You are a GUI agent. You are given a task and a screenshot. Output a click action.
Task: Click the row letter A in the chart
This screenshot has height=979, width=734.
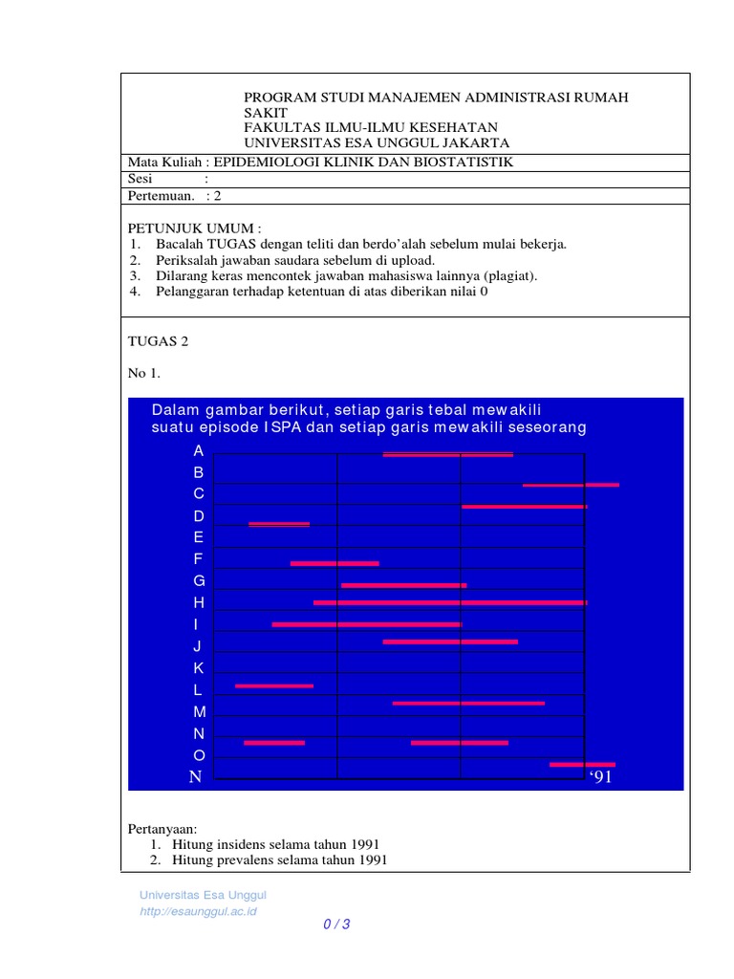(199, 450)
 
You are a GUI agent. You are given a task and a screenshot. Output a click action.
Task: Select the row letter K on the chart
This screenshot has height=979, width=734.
(199, 667)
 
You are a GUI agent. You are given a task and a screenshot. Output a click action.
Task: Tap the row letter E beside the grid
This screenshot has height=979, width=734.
(199, 537)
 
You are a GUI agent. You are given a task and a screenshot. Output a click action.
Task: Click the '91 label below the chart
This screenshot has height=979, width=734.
(599, 776)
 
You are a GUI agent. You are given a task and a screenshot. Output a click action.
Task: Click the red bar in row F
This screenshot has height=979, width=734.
(335, 563)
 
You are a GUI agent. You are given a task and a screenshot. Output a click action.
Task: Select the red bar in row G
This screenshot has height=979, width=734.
(403, 585)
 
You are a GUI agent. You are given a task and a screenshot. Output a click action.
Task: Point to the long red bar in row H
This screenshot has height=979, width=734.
(449, 603)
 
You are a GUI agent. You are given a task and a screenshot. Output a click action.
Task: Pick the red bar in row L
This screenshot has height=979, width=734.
(274, 685)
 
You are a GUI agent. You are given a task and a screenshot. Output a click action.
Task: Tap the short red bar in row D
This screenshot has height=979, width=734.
(279, 524)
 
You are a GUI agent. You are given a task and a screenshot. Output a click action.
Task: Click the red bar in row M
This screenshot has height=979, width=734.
(468, 704)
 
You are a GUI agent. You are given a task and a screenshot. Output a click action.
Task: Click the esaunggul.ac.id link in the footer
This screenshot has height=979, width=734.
(198, 911)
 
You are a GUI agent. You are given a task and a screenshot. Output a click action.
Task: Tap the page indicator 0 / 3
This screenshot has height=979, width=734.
(336, 924)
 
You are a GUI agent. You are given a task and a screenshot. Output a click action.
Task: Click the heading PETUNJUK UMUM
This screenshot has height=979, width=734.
(192, 228)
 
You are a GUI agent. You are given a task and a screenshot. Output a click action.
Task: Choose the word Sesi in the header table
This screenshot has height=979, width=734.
(140, 179)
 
